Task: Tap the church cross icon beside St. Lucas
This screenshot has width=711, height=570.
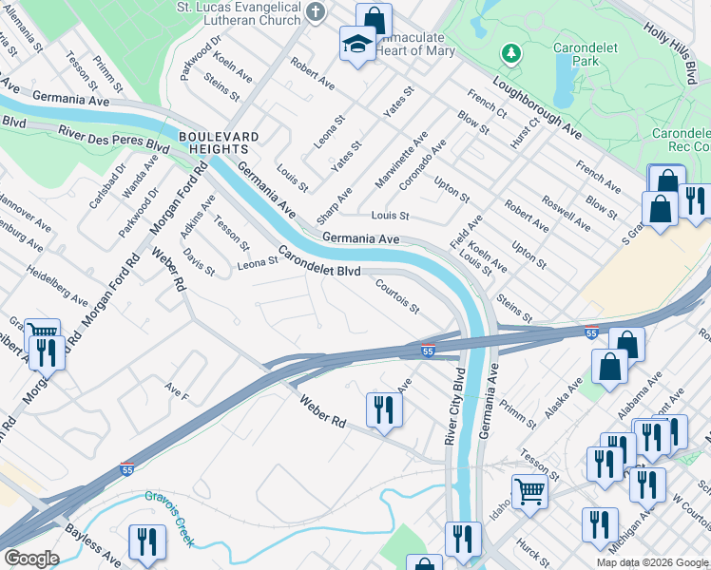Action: coord(317,11)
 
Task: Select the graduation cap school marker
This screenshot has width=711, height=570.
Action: coord(357,44)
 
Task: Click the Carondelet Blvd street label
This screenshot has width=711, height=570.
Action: coord(318,263)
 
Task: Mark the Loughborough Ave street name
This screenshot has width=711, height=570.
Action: coord(537,104)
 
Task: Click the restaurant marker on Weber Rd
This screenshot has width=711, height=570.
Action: coord(384,409)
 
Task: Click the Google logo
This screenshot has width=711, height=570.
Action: coord(30,559)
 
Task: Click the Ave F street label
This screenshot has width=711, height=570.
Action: coord(177,390)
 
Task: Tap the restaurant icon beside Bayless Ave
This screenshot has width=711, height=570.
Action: coord(146,541)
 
